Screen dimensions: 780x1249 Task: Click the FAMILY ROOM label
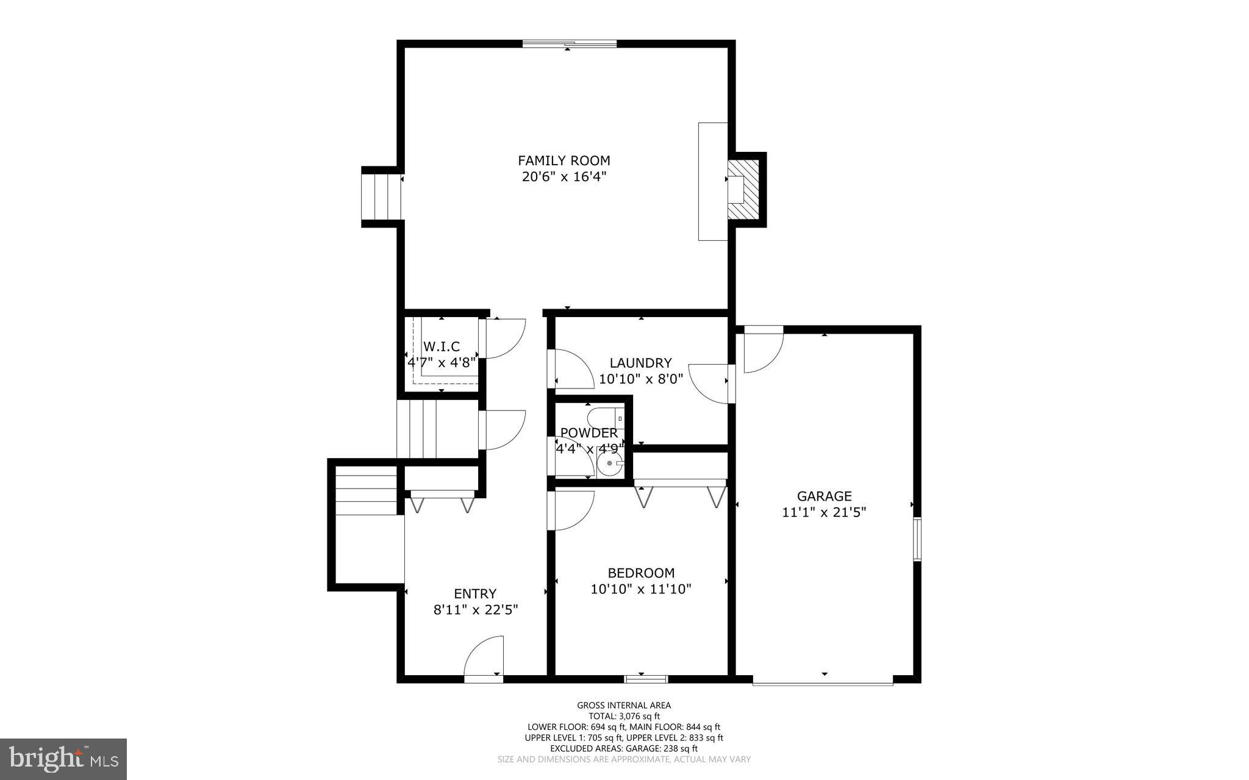[564, 161]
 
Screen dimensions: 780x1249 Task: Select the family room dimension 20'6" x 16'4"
[564, 177]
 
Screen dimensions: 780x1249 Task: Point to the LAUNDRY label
[640, 363]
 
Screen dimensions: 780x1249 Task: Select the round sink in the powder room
[610, 463]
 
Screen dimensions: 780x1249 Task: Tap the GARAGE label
[824, 496]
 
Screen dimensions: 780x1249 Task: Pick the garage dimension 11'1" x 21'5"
[824, 512]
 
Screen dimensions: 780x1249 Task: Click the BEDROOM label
[641, 573]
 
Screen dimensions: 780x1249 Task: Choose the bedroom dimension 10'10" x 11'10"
[641, 589]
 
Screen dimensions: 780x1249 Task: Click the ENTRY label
[475, 594]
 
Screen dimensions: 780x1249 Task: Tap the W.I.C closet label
[442, 347]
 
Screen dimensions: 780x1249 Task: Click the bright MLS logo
[63, 759]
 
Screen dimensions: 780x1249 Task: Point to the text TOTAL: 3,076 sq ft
[624, 717]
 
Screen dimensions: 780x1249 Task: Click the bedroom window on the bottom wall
[646, 678]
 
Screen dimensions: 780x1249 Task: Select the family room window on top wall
[569, 43]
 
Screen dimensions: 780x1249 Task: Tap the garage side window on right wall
[917, 539]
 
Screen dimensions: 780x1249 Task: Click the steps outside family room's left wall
[382, 196]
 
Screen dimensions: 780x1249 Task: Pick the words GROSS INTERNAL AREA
[624, 706]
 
